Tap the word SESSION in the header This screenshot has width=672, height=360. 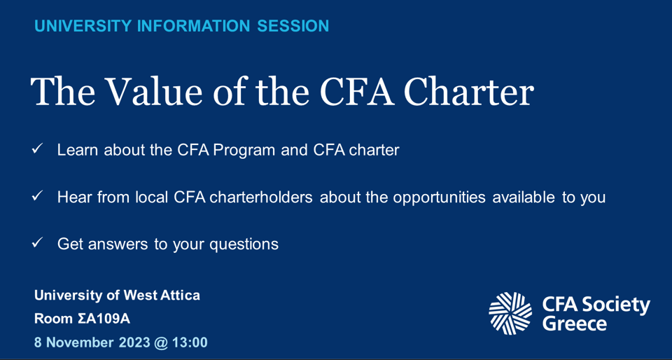point(293,27)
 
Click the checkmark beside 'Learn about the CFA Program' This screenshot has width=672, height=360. point(38,149)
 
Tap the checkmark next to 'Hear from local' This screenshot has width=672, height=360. point(38,197)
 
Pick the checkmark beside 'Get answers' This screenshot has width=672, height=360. point(38,243)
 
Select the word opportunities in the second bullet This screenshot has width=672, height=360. point(439,198)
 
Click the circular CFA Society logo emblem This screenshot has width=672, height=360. point(510,313)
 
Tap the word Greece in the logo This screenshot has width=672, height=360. point(575,324)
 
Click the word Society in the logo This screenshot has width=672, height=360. point(616,305)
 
